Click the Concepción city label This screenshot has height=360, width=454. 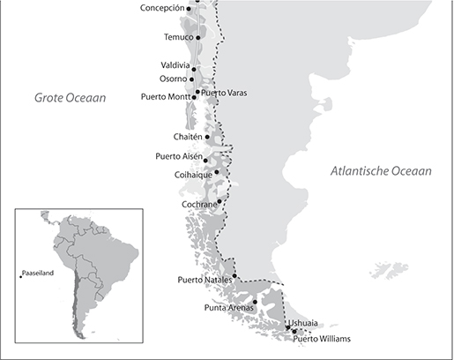pos(161,8)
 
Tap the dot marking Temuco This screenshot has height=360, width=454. pos(198,38)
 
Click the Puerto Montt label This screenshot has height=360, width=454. pos(165,96)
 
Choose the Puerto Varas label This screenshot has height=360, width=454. pos(224,93)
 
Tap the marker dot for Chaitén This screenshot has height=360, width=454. pos(207,137)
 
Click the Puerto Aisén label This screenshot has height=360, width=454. pos(178,157)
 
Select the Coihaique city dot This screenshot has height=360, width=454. pos(217,172)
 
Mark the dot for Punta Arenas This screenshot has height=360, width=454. pos(255,303)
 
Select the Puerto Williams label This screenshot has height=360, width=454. pos(322,339)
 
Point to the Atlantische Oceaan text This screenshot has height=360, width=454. pos(381,171)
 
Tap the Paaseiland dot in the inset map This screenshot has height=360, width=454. pos(20,278)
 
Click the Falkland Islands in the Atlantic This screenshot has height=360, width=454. pos(385,268)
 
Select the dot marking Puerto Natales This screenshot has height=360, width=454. pos(235,276)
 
